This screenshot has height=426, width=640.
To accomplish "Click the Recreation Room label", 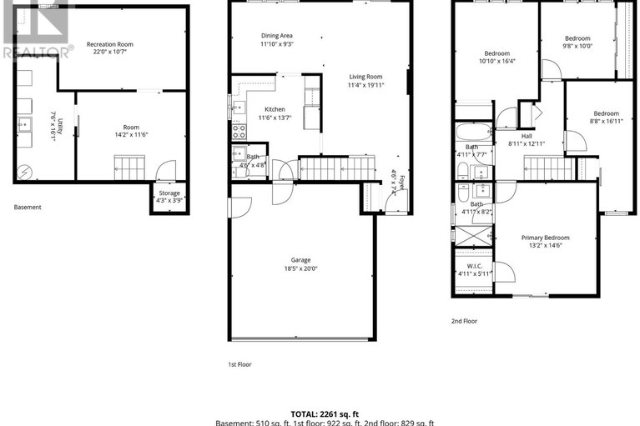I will pyautogui.click(x=110, y=44).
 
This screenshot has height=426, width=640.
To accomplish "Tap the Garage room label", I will pyautogui.click(x=302, y=259).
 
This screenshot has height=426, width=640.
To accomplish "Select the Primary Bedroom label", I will pyautogui.click(x=547, y=238).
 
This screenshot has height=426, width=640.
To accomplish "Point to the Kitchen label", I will pyautogui.click(x=275, y=109).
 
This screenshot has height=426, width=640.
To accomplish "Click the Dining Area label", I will pyautogui.click(x=276, y=36).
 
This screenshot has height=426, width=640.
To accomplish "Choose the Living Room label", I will pyautogui.click(x=366, y=77).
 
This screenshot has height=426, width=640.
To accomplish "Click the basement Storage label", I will pyautogui.click(x=169, y=193).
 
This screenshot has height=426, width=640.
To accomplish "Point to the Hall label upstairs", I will pyautogui.click(x=527, y=136).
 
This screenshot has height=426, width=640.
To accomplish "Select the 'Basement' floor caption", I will pyautogui.click(x=28, y=208).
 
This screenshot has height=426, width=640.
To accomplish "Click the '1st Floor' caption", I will pyautogui.click(x=239, y=364).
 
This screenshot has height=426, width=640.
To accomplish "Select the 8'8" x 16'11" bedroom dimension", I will pyautogui.click(x=607, y=122).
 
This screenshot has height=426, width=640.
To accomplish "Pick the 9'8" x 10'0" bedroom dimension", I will pyautogui.click(x=577, y=47).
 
